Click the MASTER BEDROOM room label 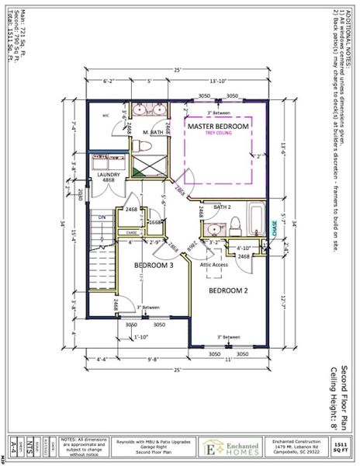point(218,126)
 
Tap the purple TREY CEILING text point(218,134)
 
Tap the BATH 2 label point(223,207)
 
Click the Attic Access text point(215,265)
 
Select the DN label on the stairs point(102,217)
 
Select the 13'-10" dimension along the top point(217,81)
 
